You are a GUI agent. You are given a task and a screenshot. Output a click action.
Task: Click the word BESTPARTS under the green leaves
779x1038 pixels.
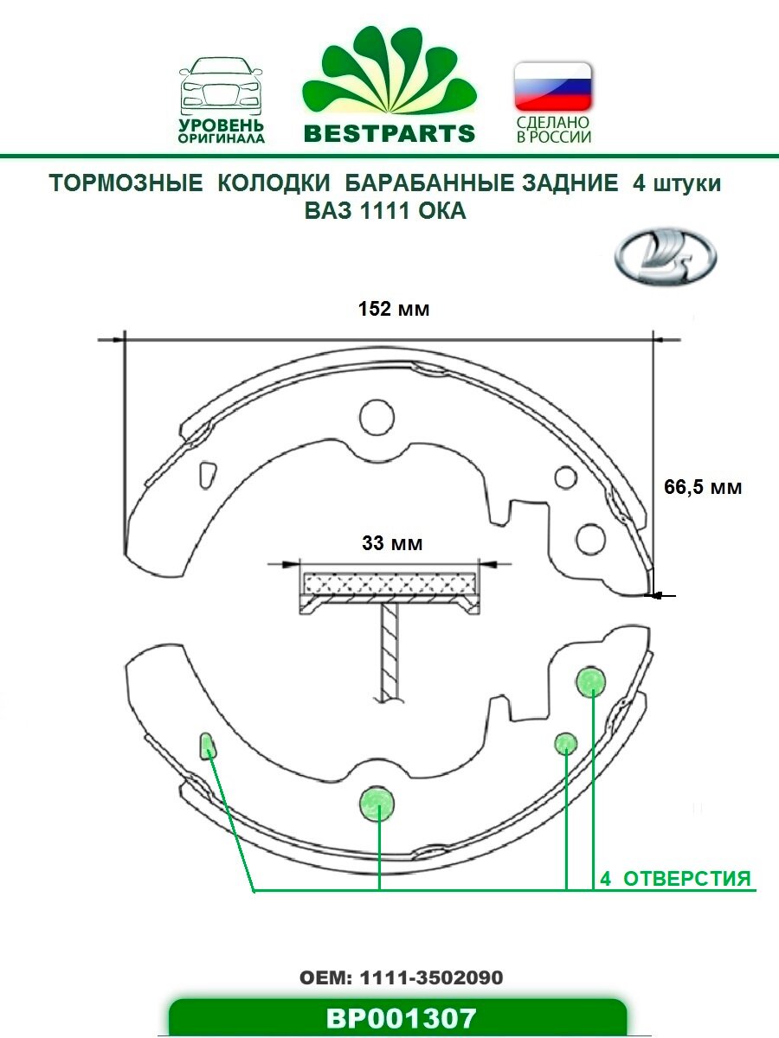(x=389, y=133)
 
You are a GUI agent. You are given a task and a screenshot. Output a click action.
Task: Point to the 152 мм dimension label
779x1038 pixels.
(x=394, y=309)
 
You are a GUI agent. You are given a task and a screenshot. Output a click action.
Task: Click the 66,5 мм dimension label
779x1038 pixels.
(x=703, y=487)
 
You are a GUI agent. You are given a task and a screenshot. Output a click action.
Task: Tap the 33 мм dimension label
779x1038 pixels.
(x=392, y=544)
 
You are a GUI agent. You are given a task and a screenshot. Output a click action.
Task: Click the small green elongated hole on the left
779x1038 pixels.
(x=209, y=744)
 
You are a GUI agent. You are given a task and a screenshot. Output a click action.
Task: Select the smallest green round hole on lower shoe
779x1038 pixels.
(x=565, y=742)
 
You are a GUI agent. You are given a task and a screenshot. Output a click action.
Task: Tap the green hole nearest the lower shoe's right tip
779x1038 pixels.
(x=590, y=682)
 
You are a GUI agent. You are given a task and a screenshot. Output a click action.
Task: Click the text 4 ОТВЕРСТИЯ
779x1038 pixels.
(x=675, y=879)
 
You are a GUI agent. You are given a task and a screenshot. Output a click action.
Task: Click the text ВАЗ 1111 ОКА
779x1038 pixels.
(x=385, y=211)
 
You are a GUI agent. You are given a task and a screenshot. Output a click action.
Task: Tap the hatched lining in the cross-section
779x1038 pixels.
(x=389, y=580)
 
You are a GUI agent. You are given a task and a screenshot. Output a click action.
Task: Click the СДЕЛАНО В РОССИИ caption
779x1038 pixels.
(x=553, y=131)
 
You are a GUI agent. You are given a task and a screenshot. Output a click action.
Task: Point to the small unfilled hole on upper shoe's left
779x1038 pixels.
(x=208, y=475)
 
